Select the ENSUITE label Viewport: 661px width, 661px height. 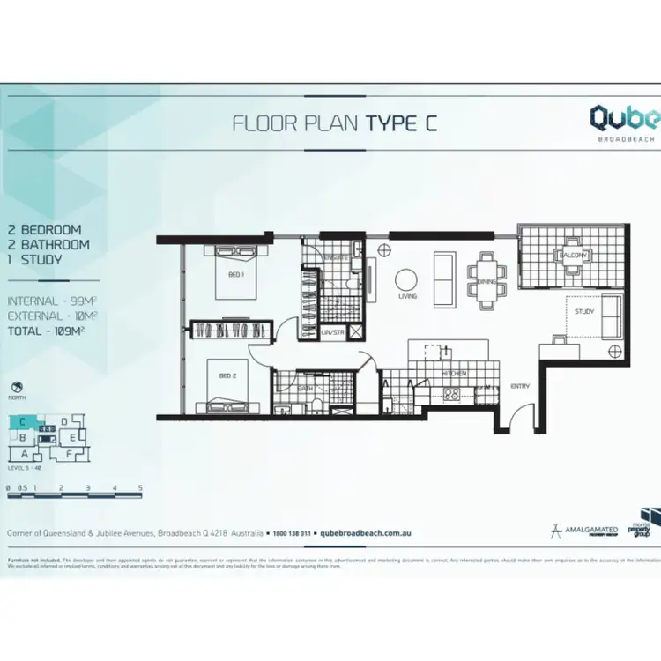click(x=333, y=257)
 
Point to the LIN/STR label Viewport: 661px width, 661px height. click(x=332, y=332)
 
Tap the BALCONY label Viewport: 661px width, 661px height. click(x=566, y=256)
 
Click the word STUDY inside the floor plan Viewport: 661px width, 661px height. click(x=583, y=311)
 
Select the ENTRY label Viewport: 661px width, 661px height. click(x=520, y=386)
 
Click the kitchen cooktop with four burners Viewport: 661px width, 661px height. click(x=450, y=394)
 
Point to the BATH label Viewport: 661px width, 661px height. click(x=305, y=388)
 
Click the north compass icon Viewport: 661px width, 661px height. click(x=17, y=387)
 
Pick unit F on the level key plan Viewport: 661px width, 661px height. click(x=69, y=453)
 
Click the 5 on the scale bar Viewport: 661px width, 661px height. click(x=140, y=487)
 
